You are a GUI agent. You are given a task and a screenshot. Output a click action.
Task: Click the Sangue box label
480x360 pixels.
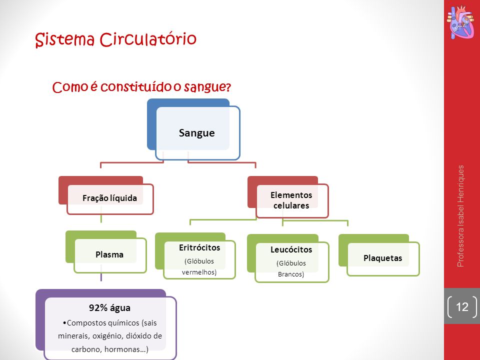tap(196, 133)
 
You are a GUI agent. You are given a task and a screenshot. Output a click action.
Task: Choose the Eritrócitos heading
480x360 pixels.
tap(199, 247)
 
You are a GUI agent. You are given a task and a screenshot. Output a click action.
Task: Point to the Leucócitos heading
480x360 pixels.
tap(291, 249)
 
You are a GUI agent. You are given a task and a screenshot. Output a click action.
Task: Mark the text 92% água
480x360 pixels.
tap(109, 307)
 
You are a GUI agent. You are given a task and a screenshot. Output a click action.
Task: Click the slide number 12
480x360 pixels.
tap(462, 306)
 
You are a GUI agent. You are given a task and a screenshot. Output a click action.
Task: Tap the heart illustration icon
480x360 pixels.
tap(461, 23)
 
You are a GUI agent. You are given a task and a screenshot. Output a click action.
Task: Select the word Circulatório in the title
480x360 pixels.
tap(148, 39)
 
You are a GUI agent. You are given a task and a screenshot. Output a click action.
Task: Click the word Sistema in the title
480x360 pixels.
tap(65, 40)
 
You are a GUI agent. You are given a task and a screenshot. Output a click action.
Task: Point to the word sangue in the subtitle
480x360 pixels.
tap(207, 87)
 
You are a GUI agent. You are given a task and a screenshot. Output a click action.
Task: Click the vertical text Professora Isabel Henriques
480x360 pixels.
tap(460, 216)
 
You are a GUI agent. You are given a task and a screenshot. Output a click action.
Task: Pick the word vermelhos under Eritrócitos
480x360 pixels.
tap(199, 272)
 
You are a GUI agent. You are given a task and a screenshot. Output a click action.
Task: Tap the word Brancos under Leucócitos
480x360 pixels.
tap(291, 274)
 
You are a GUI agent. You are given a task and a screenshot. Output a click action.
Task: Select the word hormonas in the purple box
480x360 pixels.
tap(121, 349)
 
